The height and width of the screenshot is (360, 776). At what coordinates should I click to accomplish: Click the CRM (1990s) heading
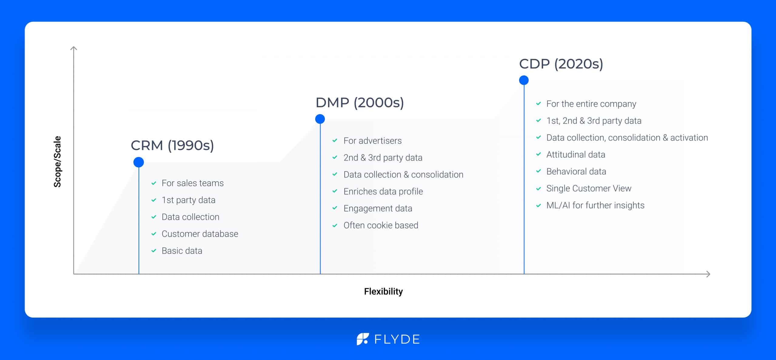172,145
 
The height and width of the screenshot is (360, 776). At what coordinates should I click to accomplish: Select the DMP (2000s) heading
360,103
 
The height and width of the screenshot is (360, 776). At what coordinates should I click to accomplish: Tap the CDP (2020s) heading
561,64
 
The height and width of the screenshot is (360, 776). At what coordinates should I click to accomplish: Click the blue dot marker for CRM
139,162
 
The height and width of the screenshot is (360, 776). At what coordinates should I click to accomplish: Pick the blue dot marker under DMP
320,119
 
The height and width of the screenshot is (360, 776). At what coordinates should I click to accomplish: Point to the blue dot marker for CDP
523,80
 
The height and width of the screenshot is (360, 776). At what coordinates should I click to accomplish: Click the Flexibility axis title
383,292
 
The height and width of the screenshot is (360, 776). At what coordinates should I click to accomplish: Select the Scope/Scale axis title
57,162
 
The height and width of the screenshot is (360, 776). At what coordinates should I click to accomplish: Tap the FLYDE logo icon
363,339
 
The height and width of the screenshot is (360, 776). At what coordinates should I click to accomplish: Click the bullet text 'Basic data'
182,251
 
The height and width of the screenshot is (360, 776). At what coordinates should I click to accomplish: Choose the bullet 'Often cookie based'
380,225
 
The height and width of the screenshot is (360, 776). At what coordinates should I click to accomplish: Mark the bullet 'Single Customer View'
588,188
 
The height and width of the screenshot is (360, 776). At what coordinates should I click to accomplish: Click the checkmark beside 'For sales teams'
154,183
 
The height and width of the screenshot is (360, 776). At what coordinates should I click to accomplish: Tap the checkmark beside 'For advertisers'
335,141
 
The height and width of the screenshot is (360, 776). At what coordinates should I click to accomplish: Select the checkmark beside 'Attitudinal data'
538,155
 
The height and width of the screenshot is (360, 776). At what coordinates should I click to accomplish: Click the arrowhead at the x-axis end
708,274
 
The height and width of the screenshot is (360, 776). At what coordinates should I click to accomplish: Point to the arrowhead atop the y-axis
74,48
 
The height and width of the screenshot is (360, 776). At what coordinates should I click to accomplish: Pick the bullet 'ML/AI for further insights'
595,205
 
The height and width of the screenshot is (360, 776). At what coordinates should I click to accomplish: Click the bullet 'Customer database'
199,234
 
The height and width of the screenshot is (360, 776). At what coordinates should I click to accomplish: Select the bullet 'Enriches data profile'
383,192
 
